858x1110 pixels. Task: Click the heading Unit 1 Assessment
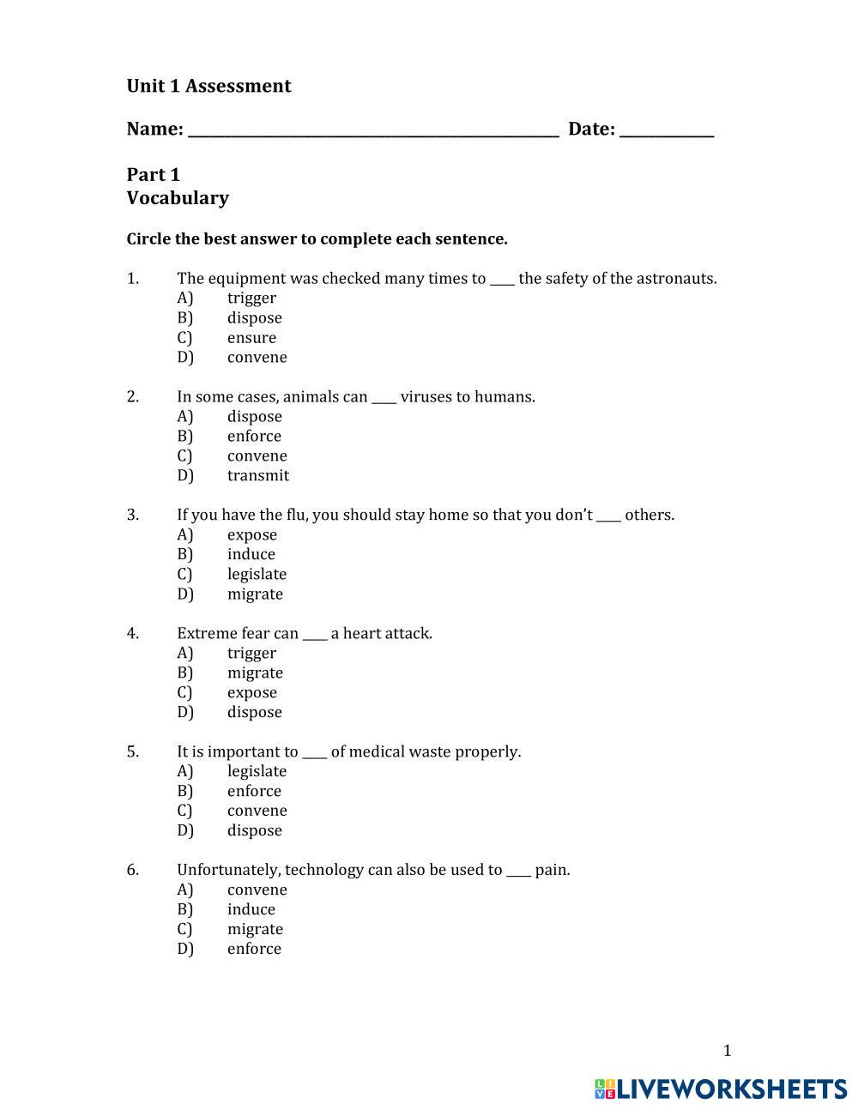[208, 86]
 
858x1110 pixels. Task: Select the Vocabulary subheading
[178, 198]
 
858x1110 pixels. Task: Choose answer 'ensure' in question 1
[251, 338]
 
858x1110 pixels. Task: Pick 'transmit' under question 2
[257, 476]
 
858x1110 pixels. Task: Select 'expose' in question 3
[251, 535]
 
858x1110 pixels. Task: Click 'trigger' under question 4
[251, 654]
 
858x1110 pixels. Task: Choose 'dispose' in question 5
[254, 831]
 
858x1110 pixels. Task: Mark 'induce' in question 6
[251, 910]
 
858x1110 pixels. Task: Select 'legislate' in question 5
[257, 772]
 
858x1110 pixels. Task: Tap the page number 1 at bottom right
[727, 1051]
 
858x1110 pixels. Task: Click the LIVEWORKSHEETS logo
[720, 1089]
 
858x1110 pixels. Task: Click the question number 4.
[133, 634]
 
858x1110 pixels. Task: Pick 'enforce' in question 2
[254, 437]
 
